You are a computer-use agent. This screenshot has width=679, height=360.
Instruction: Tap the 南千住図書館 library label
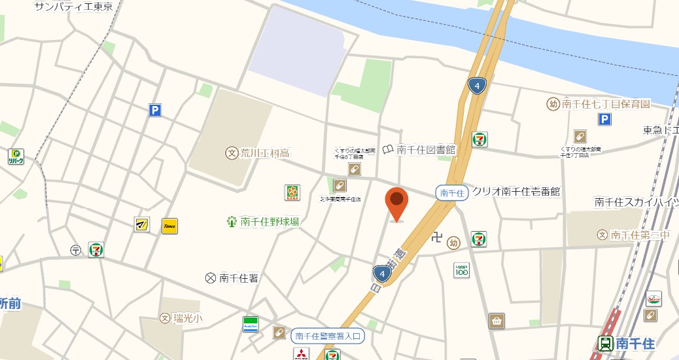point(425,150)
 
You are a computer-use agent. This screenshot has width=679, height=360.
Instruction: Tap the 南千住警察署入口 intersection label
point(326,336)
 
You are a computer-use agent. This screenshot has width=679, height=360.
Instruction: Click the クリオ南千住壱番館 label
point(516,192)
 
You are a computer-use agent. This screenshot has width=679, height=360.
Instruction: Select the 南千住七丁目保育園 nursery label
point(606,103)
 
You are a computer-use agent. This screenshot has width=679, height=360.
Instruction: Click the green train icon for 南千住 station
point(606,344)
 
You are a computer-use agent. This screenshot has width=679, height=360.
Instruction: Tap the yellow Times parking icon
point(170,226)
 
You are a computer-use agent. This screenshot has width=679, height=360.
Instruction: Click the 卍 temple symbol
point(437,237)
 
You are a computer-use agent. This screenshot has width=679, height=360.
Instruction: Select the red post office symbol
point(76,249)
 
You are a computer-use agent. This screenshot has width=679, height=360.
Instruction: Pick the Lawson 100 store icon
point(462,270)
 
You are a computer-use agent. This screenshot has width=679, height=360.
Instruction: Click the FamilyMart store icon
point(251,324)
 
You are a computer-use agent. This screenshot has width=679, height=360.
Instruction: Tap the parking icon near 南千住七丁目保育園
point(605,119)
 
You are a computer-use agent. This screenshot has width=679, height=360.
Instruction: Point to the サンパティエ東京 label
point(73,7)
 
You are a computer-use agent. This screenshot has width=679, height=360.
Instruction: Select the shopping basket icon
point(496,321)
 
